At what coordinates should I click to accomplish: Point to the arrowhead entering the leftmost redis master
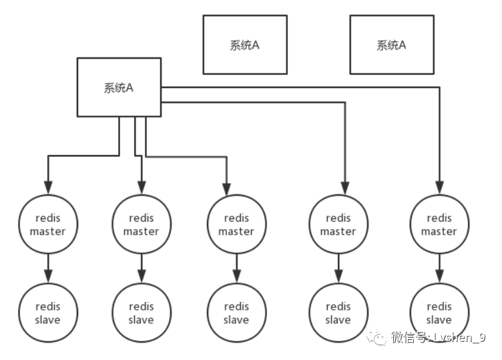[48, 188]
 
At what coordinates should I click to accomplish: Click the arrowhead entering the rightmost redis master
[439, 188]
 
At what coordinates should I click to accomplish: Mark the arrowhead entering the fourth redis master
[345, 188]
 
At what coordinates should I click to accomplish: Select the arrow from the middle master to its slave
[236, 268]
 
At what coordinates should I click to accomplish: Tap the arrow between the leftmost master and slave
[48, 268]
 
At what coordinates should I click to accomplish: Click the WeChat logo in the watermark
[376, 337]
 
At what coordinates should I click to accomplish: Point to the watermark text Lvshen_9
[459, 337]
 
